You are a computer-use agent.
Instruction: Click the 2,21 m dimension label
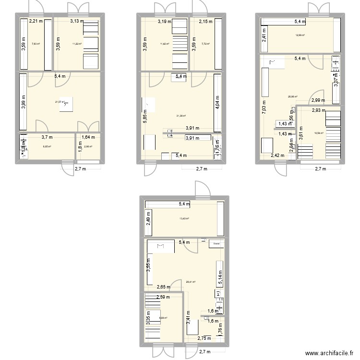36,21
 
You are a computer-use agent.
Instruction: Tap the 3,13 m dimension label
77,21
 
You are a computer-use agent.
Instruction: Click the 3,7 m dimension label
47,137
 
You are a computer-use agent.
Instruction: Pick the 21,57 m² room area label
60,102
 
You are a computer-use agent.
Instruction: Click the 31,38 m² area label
181,116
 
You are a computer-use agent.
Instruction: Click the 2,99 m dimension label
318,101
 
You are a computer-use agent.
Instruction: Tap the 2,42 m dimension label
277,156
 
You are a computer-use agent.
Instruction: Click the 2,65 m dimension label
163,288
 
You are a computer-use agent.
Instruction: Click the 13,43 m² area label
184,219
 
